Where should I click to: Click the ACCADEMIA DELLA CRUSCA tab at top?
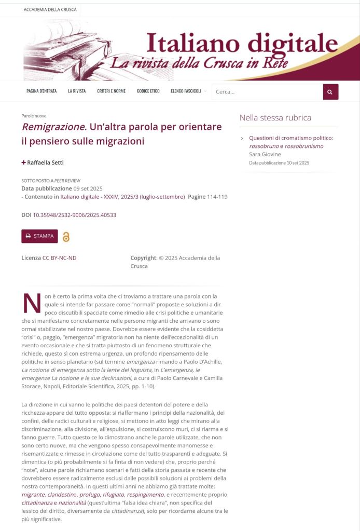pyautogui.click(x=50, y=9)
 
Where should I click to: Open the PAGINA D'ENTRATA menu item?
pyautogui.click(x=41, y=91)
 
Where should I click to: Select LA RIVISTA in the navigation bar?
pyautogui.click(x=77, y=91)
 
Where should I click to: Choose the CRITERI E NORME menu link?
pyautogui.click(x=111, y=91)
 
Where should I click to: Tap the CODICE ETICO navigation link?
pyautogui.click(x=148, y=91)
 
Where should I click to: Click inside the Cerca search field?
pyautogui.click(x=267, y=92)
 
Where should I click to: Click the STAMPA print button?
pyautogui.click(x=39, y=236)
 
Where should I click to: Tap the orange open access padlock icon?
pyautogui.click(x=66, y=237)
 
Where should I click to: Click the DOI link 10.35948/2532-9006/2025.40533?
pyautogui.click(x=74, y=215)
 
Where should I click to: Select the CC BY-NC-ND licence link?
pyautogui.click(x=59, y=258)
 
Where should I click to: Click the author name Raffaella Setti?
pyautogui.click(x=45, y=162)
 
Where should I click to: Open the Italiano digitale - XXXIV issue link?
pyautogui.click(x=122, y=197)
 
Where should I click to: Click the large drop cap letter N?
pyautogui.click(x=32, y=304)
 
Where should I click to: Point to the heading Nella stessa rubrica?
pyautogui.click(x=275, y=118)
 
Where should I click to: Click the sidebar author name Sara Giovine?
pyautogui.click(x=265, y=155)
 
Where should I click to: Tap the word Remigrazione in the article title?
pyautogui.click(x=52, y=127)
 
